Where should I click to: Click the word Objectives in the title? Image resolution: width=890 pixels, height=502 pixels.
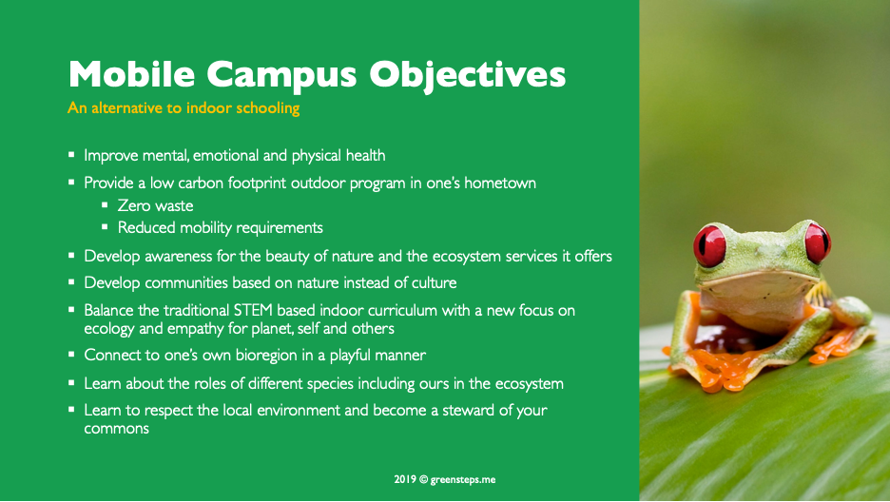(467, 75)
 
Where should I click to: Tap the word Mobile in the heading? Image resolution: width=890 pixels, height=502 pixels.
(131, 73)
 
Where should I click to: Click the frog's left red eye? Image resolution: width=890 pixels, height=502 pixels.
(709, 245)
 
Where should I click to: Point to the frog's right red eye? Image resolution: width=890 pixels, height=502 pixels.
(818, 242)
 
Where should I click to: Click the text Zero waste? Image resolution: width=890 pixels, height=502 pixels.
(155, 205)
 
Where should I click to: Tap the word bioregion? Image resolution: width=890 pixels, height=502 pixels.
(266, 356)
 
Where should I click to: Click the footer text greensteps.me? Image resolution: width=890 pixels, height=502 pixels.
(463, 480)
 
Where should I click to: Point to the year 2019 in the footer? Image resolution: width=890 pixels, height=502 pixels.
(405, 479)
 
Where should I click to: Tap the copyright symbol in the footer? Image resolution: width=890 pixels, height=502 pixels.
(423, 479)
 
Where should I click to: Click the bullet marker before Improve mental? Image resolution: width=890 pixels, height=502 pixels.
(71, 154)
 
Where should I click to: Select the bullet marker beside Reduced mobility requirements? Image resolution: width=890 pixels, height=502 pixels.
(105, 226)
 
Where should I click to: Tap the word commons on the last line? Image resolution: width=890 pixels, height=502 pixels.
(116, 429)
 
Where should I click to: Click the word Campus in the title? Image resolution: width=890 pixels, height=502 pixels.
(281, 75)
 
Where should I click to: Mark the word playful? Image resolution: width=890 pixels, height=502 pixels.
(350, 356)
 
